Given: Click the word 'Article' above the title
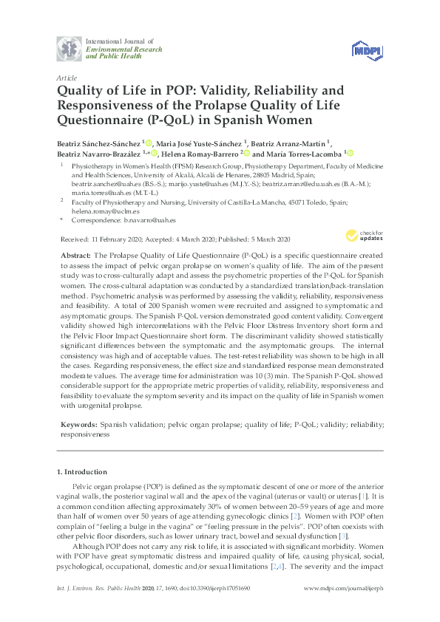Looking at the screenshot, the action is tap(67, 78).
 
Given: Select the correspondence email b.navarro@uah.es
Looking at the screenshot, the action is tap(150, 220).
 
